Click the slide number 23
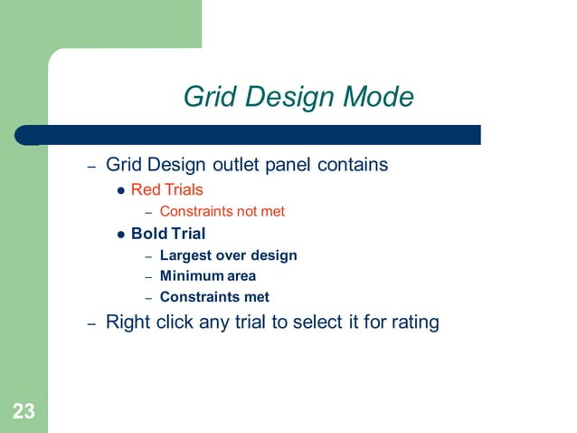[x=24, y=412]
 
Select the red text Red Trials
[x=166, y=189]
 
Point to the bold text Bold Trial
[x=168, y=233]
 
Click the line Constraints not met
[x=222, y=211]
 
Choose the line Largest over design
[x=228, y=255]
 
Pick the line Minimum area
[x=207, y=275]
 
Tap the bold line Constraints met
[x=214, y=296]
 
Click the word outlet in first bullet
[x=239, y=165]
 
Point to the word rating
[x=412, y=322]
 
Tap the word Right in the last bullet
[x=127, y=322]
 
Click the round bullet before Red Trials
[x=121, y=190]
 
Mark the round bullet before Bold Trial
[x=121, y=234]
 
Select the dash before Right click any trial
[x=90, y=323]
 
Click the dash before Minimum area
[x=148, y=276]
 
